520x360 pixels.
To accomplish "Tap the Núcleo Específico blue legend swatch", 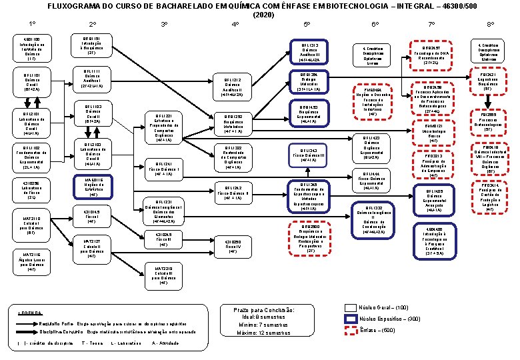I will coord(350,319).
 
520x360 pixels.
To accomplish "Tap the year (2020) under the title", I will coord(245,15).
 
